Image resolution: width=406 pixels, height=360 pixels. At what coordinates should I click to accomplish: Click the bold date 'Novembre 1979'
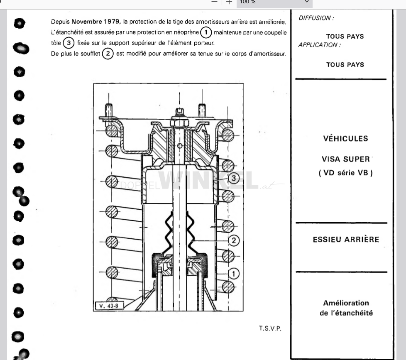(x=96, y=22)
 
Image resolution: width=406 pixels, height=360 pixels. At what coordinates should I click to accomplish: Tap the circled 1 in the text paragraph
(x=206, y=32)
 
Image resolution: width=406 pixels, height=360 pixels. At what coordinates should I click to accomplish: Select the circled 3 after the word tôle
(x=68, y=43)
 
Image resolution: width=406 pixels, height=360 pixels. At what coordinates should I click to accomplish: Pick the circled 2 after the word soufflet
(x=108, y=54)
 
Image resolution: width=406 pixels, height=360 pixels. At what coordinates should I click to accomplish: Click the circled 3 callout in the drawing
(x=234, y=178)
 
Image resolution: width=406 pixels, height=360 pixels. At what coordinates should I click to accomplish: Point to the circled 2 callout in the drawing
(x=234, y=240)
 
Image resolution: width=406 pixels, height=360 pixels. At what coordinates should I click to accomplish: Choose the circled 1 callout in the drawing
(x=234, y=274)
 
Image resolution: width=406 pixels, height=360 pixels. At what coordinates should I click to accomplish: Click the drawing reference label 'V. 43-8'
(x=109, y=306)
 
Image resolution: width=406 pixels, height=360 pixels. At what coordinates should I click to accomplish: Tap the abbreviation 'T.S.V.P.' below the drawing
(x=270, y=328)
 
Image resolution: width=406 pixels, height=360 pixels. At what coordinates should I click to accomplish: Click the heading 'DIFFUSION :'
(x=316, y=18)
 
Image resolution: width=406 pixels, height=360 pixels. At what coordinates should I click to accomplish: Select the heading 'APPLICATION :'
(x=320, y=45)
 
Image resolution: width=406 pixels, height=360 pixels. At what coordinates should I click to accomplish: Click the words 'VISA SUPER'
(x=346, y=159)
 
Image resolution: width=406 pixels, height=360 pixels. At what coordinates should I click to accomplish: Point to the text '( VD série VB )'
(x=346, y=173)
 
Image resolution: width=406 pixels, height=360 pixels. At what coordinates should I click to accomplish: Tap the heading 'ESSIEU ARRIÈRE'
(x=346, y=240)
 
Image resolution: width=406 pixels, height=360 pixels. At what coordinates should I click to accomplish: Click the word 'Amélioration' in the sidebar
(x=346, y=303)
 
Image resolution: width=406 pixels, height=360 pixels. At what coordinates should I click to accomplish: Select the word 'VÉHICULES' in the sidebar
(x=346, y=138)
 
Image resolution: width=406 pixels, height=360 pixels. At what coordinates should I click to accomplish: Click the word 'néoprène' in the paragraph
(x=186, y=32)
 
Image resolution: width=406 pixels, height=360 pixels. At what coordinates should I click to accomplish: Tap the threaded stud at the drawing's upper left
(x=109, y=110)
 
